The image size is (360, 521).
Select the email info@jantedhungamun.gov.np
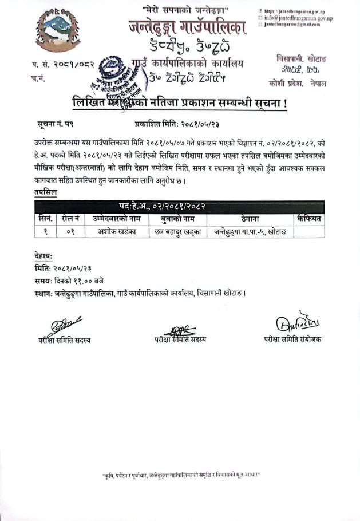pos(298,18)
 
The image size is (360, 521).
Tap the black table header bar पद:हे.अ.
pos(180,206)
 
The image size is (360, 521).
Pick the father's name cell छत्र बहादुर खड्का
pos(177,231)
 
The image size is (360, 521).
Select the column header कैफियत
pos(308,218)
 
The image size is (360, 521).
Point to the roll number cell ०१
pos(70,231)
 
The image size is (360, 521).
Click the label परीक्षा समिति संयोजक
pos(292,340)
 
